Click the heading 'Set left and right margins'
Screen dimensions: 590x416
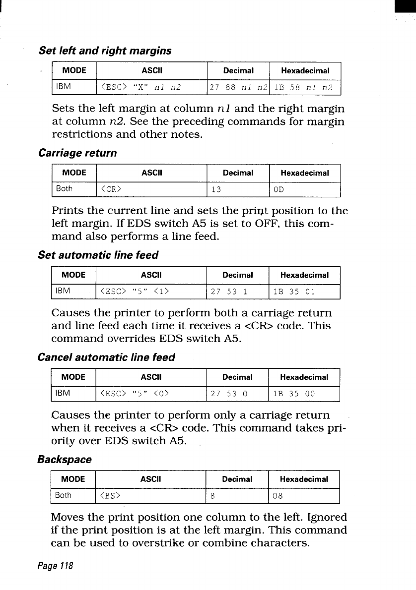(x=105, y=51)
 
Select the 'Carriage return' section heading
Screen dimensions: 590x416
(x=77, y=153)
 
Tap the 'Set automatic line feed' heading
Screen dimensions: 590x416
(x=98, y=255)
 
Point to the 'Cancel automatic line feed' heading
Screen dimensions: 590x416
(x=106, y=357)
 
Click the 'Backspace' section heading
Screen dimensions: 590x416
(x=65, y=459)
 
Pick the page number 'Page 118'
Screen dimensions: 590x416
(x=56, y=566)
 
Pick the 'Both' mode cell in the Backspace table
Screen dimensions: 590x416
(x=63, y=495)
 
